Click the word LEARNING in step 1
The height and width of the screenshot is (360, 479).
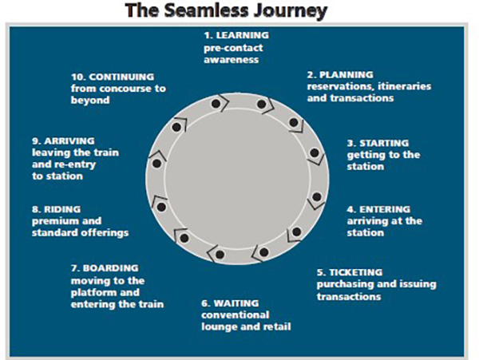click(244, 35)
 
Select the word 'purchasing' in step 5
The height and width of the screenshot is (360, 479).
click(344, 284)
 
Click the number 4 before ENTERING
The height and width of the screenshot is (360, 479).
click(350, 209)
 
